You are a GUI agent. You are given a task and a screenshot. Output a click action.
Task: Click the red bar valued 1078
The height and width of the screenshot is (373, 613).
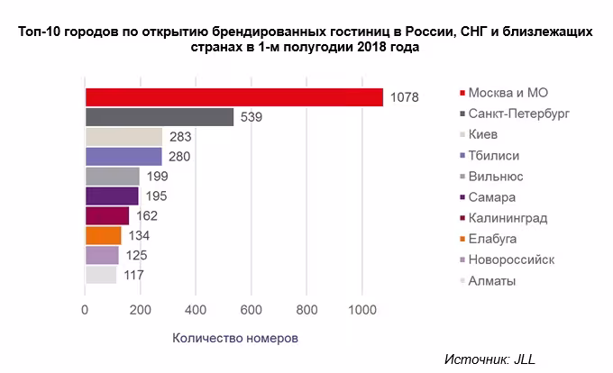(x=233, y=97)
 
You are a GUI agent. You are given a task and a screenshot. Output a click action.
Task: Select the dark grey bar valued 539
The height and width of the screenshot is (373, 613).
(x=160, y=117)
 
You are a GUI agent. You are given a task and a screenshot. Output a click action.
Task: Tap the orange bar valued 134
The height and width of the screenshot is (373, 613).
(x=103, y=236)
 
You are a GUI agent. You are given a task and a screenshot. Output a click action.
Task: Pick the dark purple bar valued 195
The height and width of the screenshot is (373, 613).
(x=112, y=196)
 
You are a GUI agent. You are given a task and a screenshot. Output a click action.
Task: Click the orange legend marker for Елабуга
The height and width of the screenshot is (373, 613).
(x=462, y=240)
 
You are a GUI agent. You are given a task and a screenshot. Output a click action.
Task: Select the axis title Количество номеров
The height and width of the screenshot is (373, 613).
(x=234, y=339)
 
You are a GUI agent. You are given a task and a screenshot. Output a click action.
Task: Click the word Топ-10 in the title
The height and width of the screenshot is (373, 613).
(x=41, y=32)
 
